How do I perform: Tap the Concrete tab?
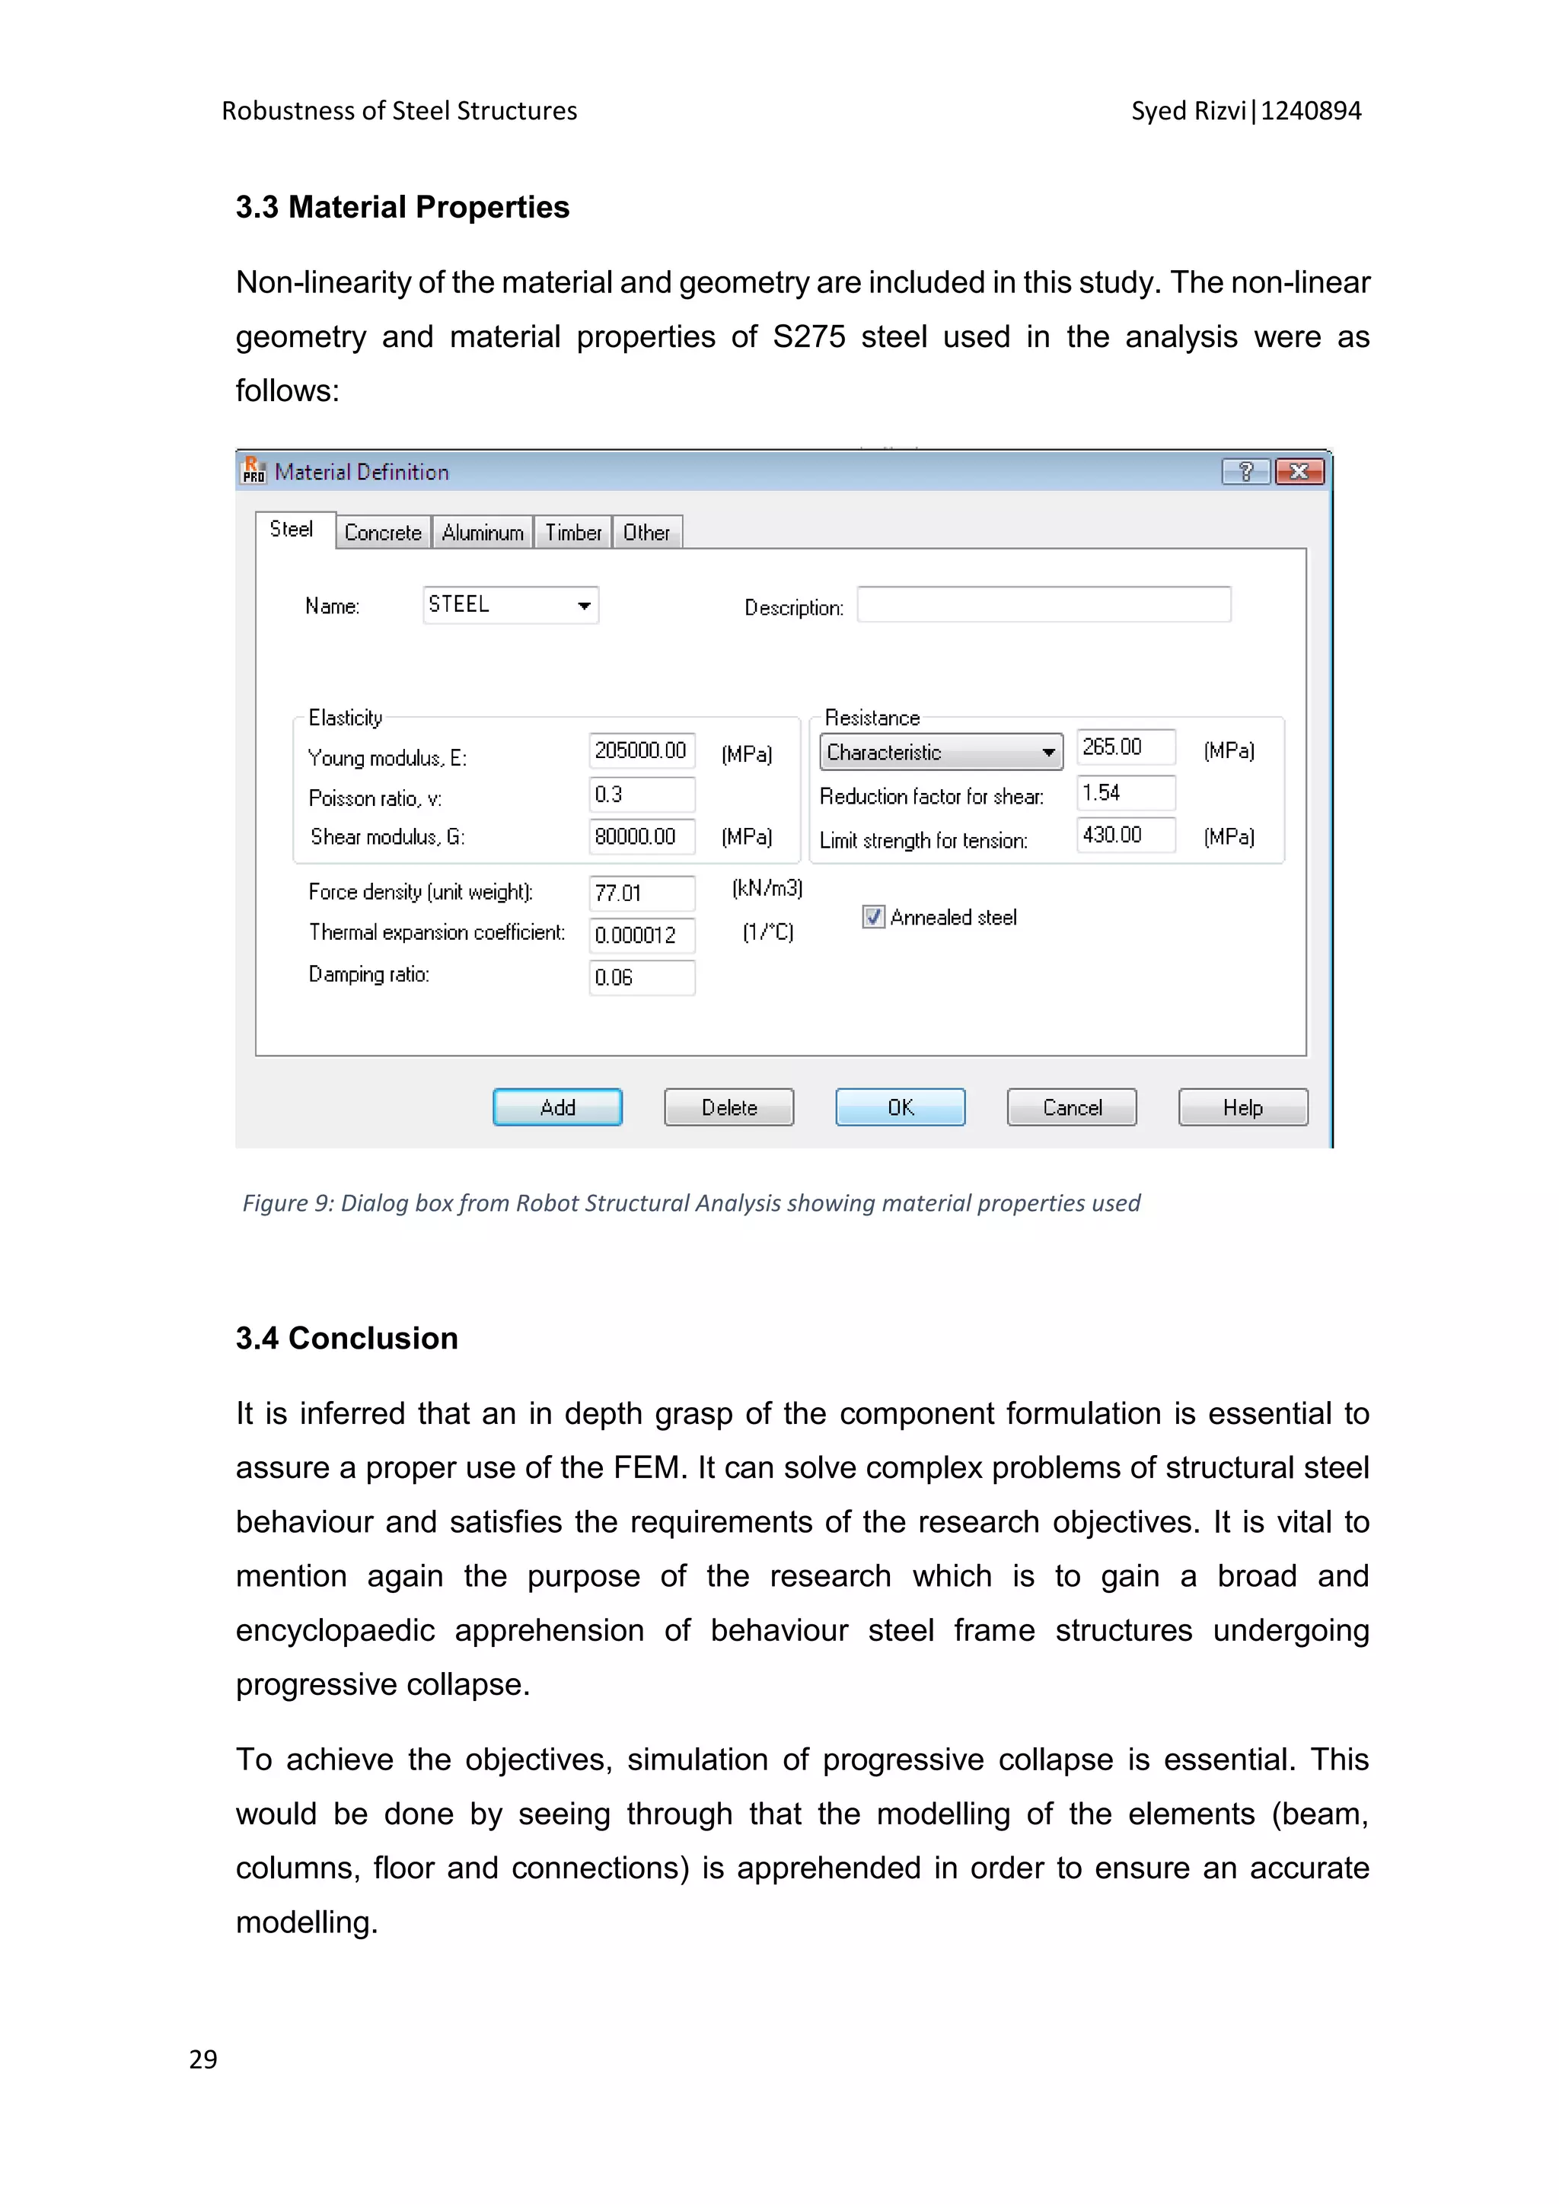point(382,533)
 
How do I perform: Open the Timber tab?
point(572,533)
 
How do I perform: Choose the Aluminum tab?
point(482,533)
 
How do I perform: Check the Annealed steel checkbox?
point(872,917)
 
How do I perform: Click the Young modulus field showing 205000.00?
point(641,750)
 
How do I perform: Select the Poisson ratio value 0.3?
point(641,795)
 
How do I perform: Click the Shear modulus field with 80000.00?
point(641,836)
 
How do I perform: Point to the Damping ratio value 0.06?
point(641,977)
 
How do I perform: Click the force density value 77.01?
point(641,893)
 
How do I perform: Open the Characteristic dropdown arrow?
point(1048,753)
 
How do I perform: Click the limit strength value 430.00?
point(1125,834)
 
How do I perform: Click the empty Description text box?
point(1044,605)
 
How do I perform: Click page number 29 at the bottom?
point(203,2059)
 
